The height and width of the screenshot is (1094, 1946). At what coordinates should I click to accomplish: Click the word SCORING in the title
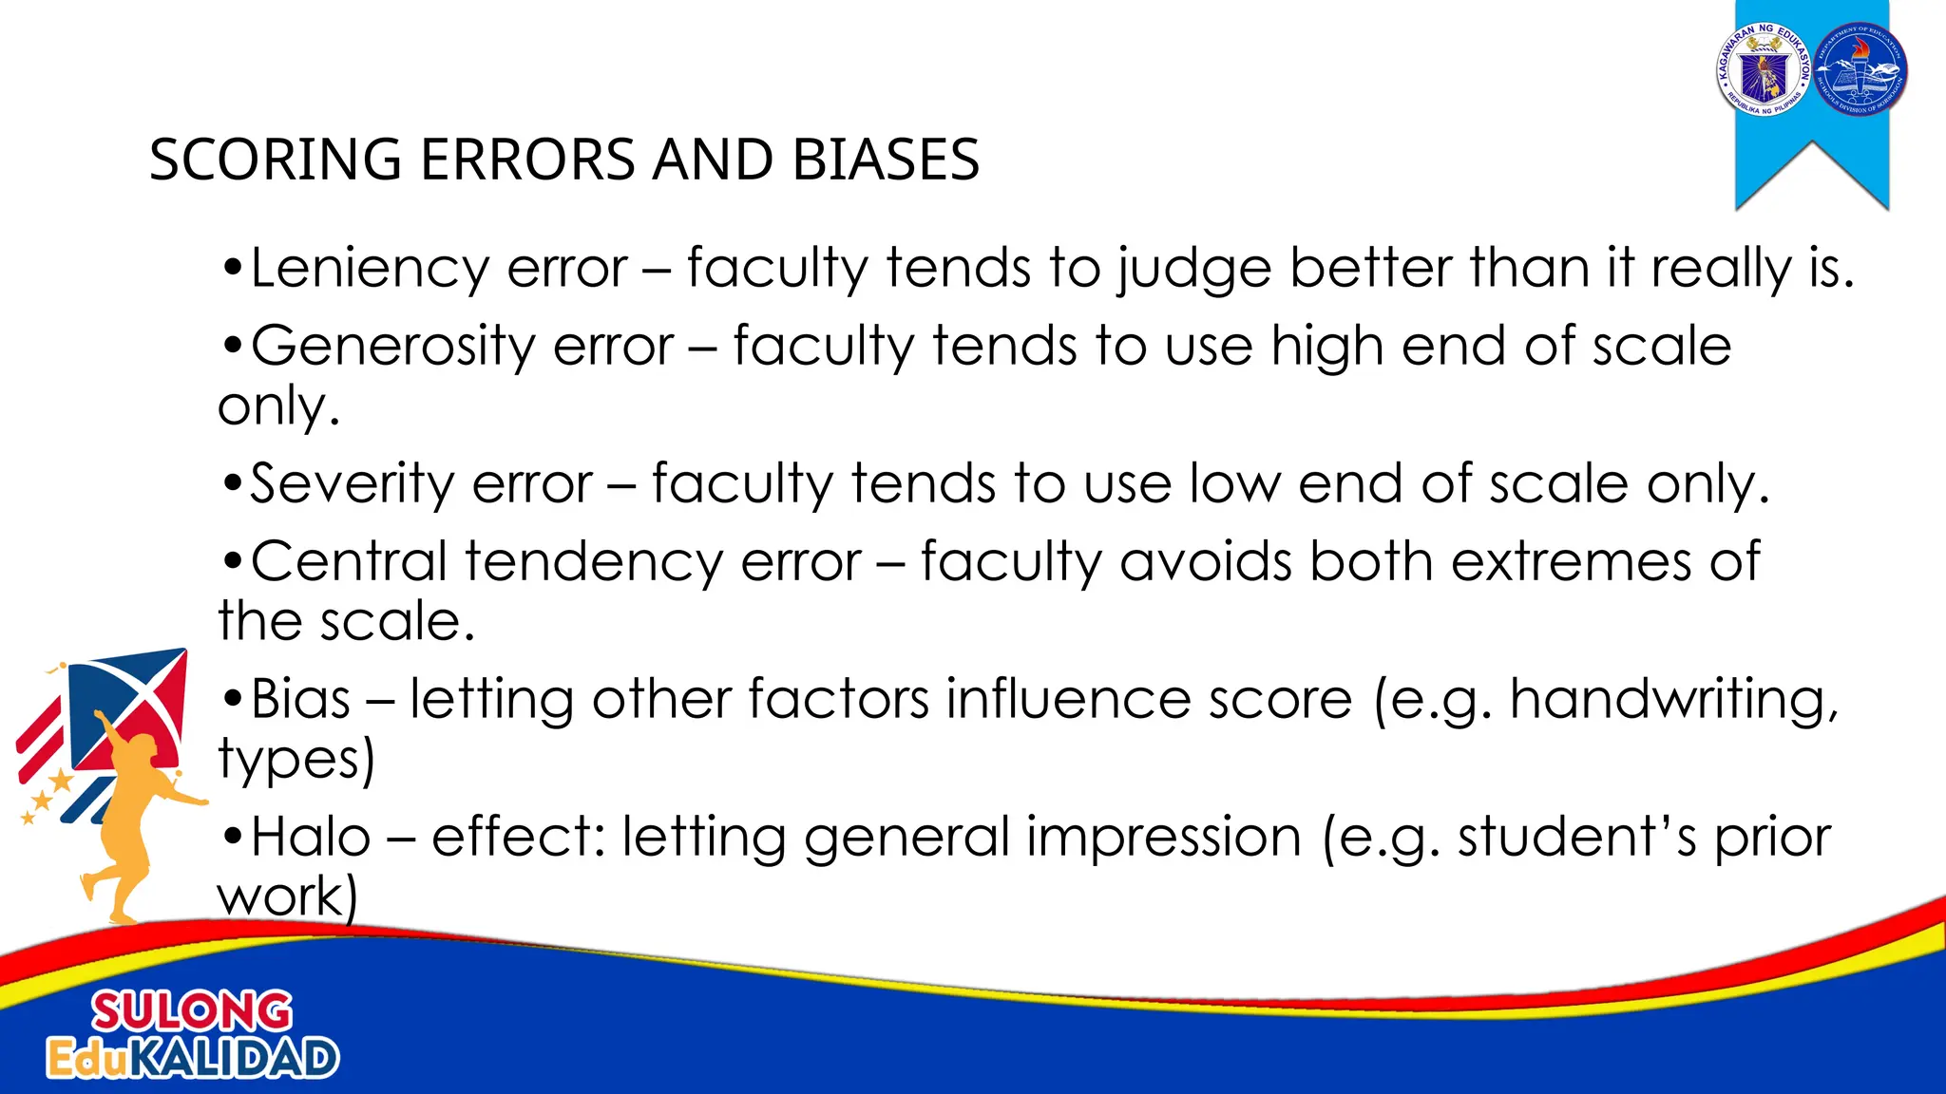(x=276, y=160)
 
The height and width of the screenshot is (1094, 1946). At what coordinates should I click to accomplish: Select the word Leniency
(x=370, y=269)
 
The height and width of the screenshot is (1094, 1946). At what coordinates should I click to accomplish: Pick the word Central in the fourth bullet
(x=349, y=562)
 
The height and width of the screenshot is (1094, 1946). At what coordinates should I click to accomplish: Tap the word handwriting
(x=1673, y=701)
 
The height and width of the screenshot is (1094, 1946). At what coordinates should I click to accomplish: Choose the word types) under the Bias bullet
(x=296, y=761)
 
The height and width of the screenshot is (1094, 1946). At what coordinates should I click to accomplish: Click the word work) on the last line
(x=287, y=897)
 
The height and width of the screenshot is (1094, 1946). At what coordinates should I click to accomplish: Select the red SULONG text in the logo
(x=192, y=1011)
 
